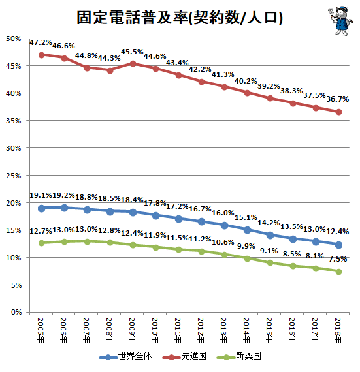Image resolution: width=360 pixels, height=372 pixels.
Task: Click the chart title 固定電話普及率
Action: pyautogui.click(x=133, y=18)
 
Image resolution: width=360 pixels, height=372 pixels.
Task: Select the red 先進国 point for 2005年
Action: pyautogui.click(x=41, y=55)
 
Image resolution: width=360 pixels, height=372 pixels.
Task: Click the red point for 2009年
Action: pyautogui.click(x=133, y=63)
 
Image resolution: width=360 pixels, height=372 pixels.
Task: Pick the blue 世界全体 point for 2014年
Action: pyautogui.click(x=247, y=230)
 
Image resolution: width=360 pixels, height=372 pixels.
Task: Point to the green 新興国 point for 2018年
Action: pyautogui.click(x=338, y=271)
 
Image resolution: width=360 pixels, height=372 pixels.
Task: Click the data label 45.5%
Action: pyautogui.click(x=132, y=52)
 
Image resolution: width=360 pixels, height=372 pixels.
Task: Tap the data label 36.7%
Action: pyautogui.click(x=337, y=99)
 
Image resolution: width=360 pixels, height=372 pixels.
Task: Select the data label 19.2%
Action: pyautogui.click(x=63, y=195)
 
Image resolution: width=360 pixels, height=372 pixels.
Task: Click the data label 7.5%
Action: pyautogui.click(x=338, y=259)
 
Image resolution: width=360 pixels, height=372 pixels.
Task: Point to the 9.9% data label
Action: pyautogui.click(x=246, y=246)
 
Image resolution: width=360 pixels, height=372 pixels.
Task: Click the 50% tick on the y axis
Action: pyautogui.click(x=14, y=39)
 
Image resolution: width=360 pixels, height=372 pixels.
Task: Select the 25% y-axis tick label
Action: pyautogui.click(x=14, y=176)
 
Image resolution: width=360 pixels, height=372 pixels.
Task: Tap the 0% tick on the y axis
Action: pyautogui.click(x=16, y=312)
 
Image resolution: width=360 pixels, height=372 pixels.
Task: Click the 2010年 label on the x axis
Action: pyautogui.click(x=155, y=330)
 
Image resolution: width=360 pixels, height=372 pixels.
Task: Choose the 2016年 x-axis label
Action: pyautogui.click(x=292, y=330)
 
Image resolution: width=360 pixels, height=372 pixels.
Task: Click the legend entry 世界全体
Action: pyautogui.click(x=125, y=356)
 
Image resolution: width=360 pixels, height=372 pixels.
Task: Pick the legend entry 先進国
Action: pyautogui.click(x=184, y=356)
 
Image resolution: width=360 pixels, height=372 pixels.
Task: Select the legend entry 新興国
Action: pyautogui.click(x=239, y=356)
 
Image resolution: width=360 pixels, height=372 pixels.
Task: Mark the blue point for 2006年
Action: pyautogui.click(x=64, y=208)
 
